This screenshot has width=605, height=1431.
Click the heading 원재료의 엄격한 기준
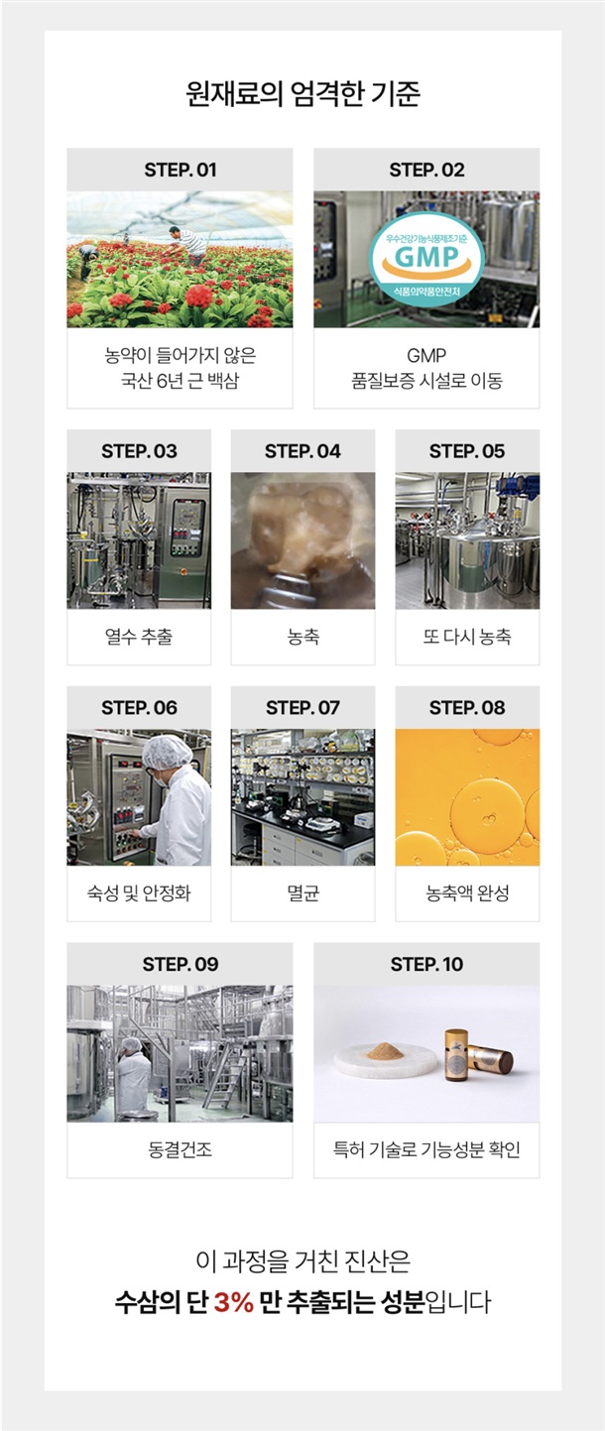pyautogui.click(x=302, y=93)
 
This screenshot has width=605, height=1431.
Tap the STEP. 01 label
pyautogui.click(x=181, y=170)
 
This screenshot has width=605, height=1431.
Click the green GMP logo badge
pyautogui.click(x=426, y=260)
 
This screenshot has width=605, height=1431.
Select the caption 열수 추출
pyautogui.click(x=139, y=636)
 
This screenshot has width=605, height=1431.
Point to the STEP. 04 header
pyautogui.click(x=302, y=451)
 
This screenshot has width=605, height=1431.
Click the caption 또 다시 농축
pyautogui.click(x=467, y=636)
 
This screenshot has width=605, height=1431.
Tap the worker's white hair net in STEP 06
pyautogui.click(x=167, y=752)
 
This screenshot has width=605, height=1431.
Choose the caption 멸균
pyautogui.click(x=302, y=893)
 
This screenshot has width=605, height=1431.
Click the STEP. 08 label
pyautogui.click(x=467, y=708)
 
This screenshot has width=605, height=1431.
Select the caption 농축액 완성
pyautogui.click(x=467, y=893)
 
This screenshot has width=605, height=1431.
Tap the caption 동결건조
pyautogui.click(x=181, y=1149)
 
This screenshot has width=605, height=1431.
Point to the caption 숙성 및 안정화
pyautogui.click(x=139, y=893)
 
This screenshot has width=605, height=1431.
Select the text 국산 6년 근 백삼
pyautogui.click(x=181, y=381)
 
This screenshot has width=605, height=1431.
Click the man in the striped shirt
pyautogui.click(x=189, y=244)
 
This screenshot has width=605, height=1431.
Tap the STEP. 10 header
pyautogui.click(x=426, y=964)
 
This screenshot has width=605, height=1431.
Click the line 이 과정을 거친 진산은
pyautogui.click(x=302, y=1260)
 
